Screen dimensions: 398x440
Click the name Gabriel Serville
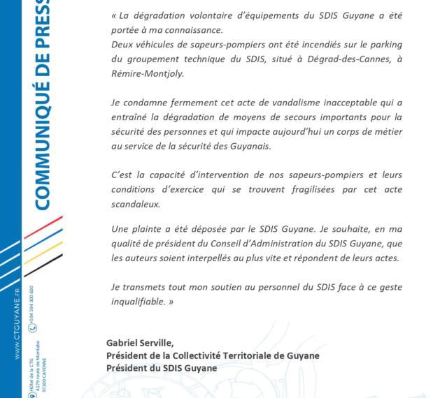pos(140,343)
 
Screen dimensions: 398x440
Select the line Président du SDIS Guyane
pos(162,368)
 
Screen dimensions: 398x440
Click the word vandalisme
pos(271,102)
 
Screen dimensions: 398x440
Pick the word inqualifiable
pos(136,302)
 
